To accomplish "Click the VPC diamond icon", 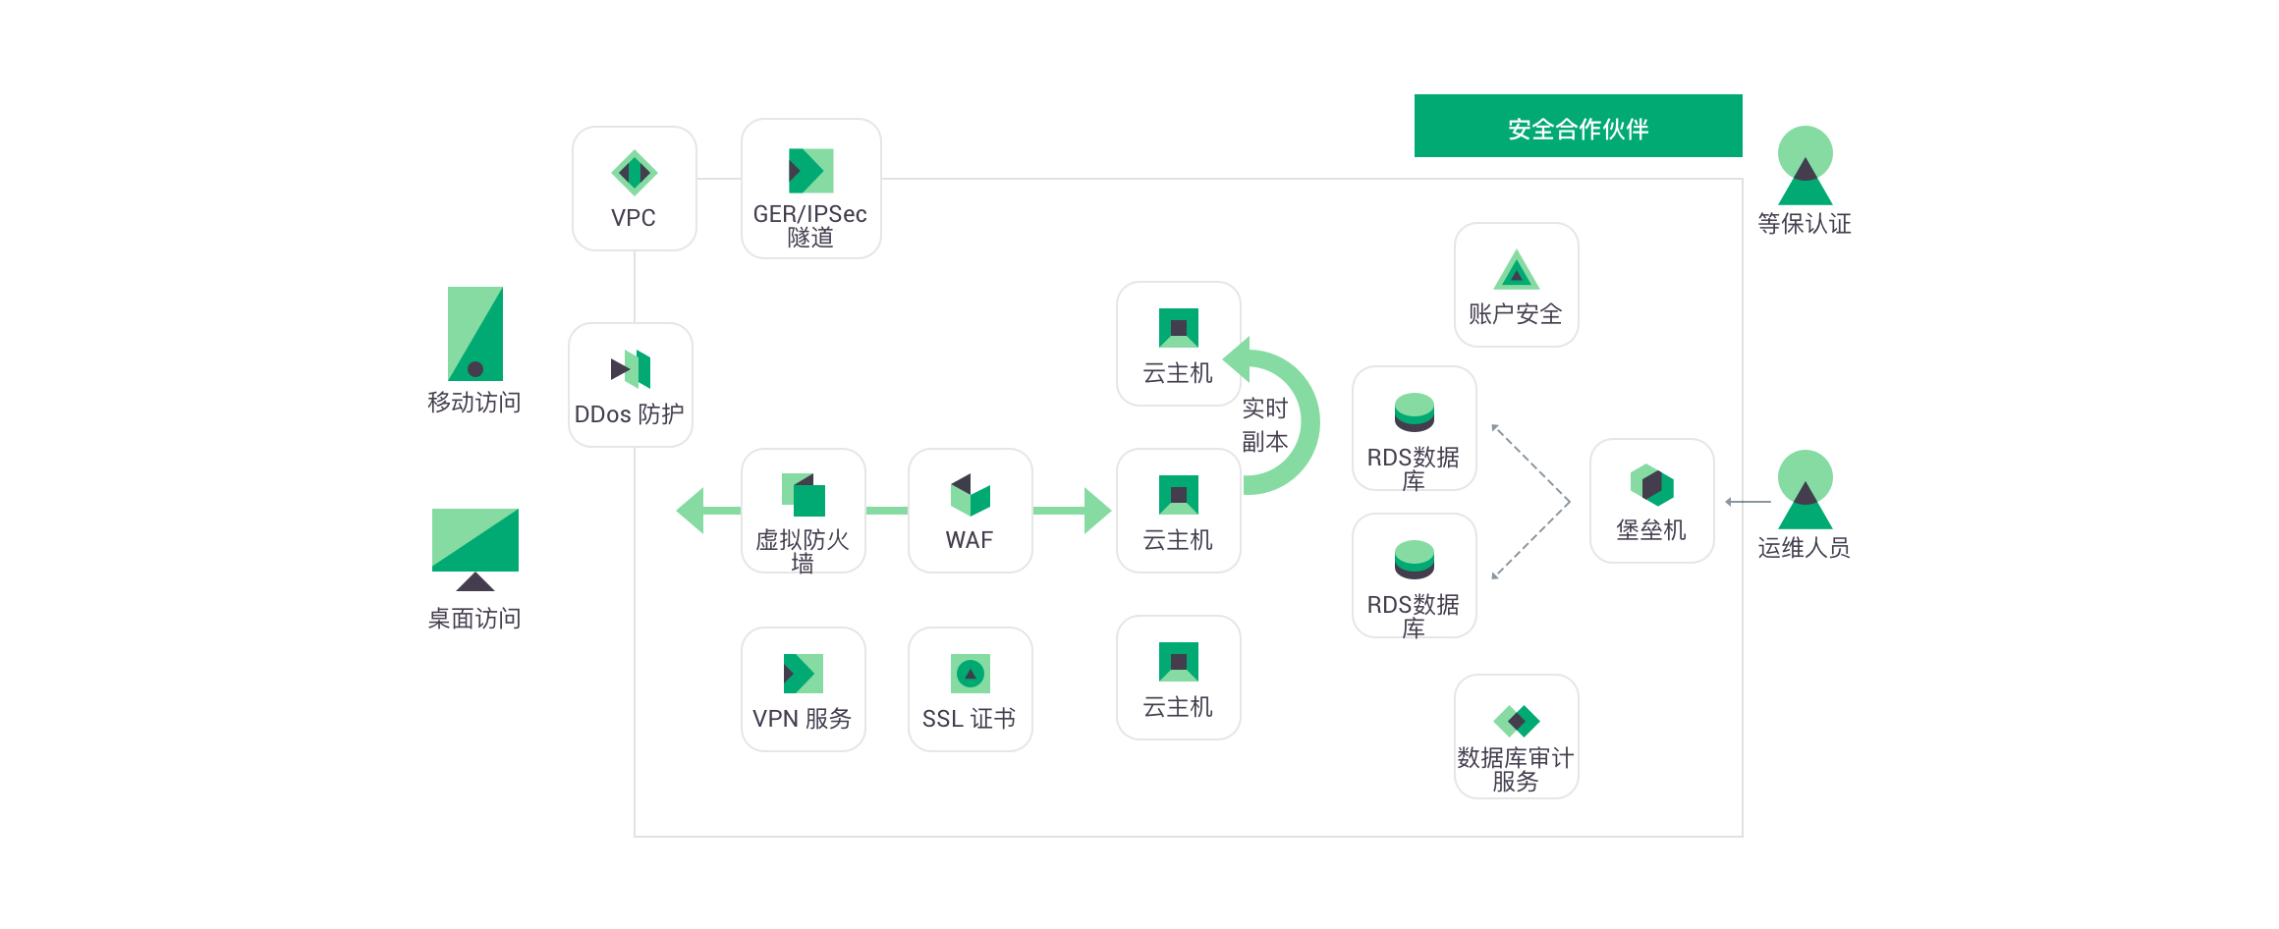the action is click(634, 173).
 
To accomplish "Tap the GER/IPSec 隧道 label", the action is click(810, 226).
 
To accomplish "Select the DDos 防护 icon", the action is click(631, 369).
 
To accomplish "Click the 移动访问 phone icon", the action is click(475, 334).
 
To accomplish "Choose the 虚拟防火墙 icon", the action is click(804, 495).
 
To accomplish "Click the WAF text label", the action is click(970, 540).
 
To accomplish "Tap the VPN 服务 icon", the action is click(804, 674).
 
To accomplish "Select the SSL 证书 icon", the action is click(971, 674).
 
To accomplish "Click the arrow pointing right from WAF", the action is click(1072, 511).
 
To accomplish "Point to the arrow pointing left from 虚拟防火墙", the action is click(708, 511).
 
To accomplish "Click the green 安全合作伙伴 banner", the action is click(1579, 126).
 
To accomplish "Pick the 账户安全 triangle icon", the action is click(1517, 271).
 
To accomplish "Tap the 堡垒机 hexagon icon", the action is click(1652, 485).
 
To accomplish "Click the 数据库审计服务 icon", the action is click(1517, 721).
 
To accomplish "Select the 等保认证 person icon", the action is click(1806, 165).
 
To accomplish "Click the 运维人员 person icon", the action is click(1806, 489).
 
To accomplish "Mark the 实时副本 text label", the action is click(1265, 425).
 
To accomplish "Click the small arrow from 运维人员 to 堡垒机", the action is click(1748, 502).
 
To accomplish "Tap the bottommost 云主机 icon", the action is click(1179, 662).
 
